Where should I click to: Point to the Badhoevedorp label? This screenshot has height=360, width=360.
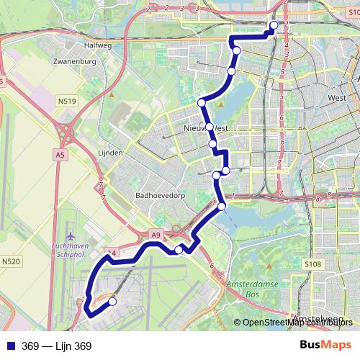click(161, 195)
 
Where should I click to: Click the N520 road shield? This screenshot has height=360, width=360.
click(12, 261)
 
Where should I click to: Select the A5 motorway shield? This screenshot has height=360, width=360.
click(59, 153)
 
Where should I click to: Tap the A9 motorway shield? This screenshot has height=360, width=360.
click(156, 235)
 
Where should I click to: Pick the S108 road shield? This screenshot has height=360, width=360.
click(312, 265)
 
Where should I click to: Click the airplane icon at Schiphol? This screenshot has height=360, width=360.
click(70, 236)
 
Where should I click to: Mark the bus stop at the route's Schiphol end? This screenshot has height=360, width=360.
click(112, 302)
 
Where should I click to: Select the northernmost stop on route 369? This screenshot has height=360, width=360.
click(274, 26)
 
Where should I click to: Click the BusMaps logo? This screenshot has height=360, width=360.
click(325, 346)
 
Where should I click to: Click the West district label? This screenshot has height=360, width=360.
click(336, 97)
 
